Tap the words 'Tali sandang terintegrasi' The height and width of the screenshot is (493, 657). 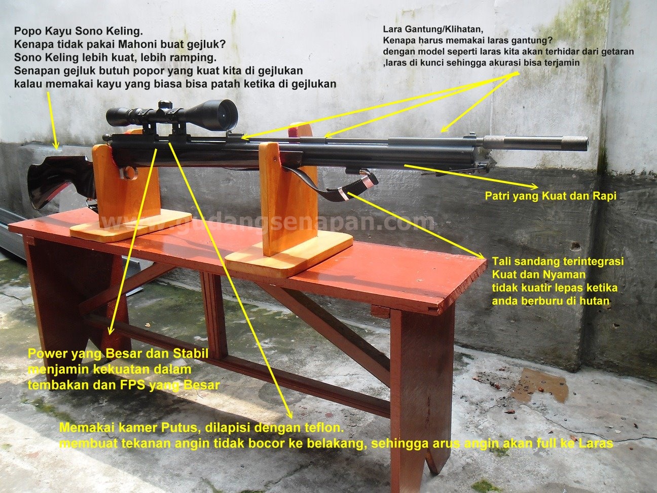pos(558,261)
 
